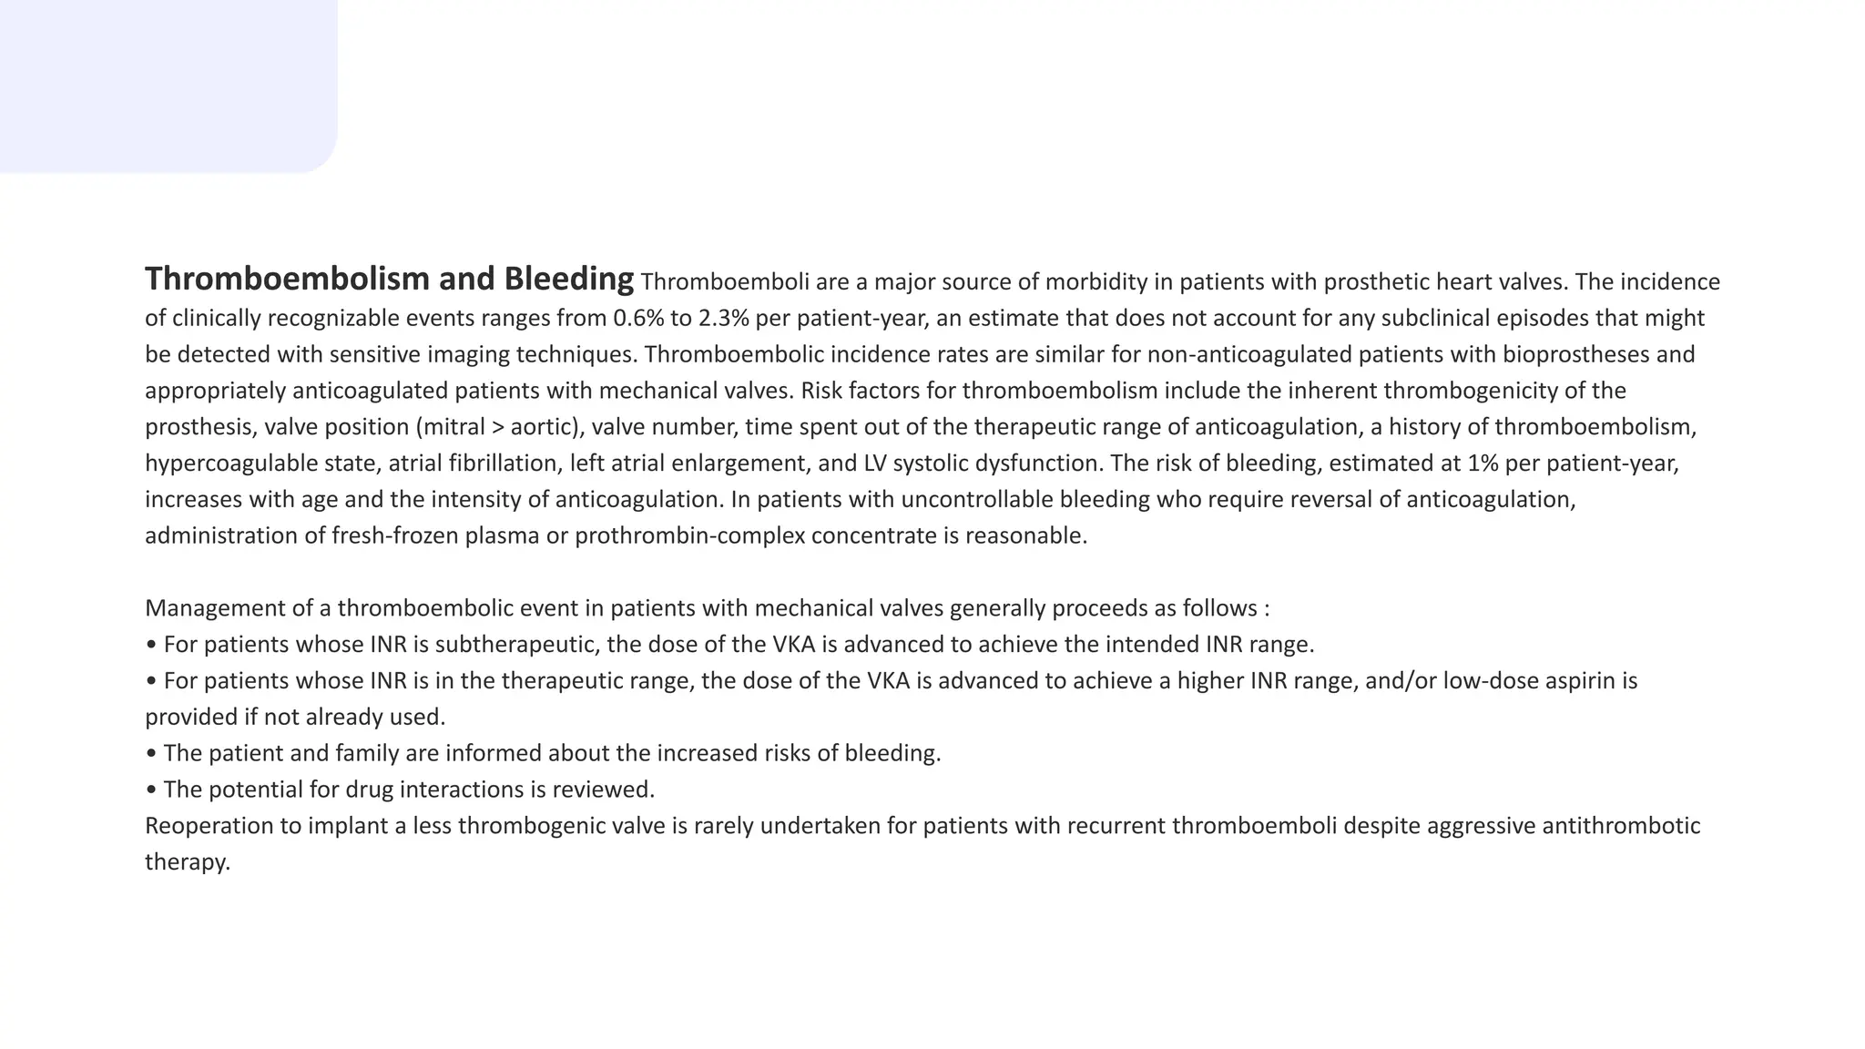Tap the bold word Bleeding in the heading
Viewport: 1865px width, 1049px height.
pyautogui.click(x=569, y=279)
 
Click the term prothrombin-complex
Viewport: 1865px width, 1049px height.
pyautogui.click(x=689, y=535)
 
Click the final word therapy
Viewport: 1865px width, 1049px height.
pyautogui.click(x=187, y=862)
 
